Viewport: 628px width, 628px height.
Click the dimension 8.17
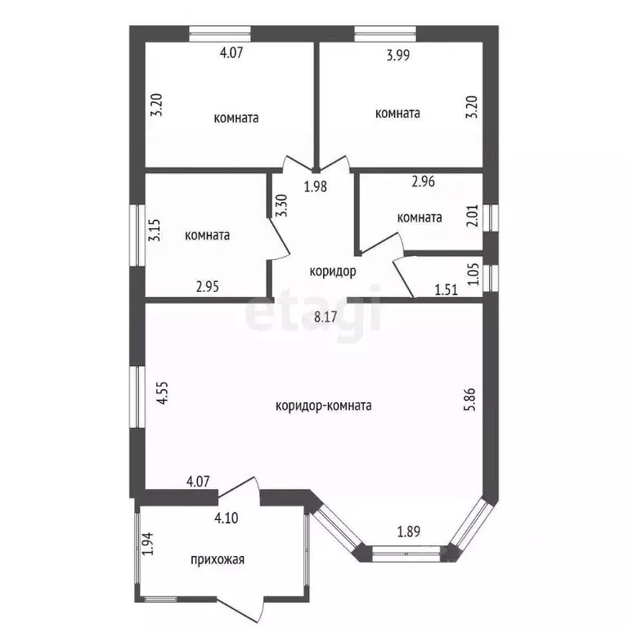click(325, 317)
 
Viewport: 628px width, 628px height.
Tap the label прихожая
click(218, 559)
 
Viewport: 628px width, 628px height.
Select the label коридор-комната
click(324, 406)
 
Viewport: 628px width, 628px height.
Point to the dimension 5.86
click(471, 399)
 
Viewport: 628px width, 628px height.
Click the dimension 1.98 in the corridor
click(315, 186)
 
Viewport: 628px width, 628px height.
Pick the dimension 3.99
click(398, 55)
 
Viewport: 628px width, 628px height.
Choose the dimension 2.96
click(424, 182)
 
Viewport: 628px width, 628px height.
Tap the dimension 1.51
click(446, 289)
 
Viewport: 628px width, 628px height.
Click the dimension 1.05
click(473, 274)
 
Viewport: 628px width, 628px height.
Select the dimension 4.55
click(162, 392)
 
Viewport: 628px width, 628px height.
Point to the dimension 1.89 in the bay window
click(409, 532)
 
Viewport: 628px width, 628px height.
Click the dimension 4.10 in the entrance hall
click(227, 518)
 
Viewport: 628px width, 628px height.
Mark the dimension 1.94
click(148, 544)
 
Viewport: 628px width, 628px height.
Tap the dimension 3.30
click(281, 205)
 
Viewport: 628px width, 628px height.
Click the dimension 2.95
click(208, 287)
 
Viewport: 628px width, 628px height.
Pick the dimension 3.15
click(155, 230)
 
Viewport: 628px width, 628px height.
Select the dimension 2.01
click(473, 216)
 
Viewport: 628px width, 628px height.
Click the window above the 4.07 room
click(220, 34)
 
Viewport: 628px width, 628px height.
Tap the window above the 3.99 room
click(385, 34)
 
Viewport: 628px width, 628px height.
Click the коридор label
click(333, 271)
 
